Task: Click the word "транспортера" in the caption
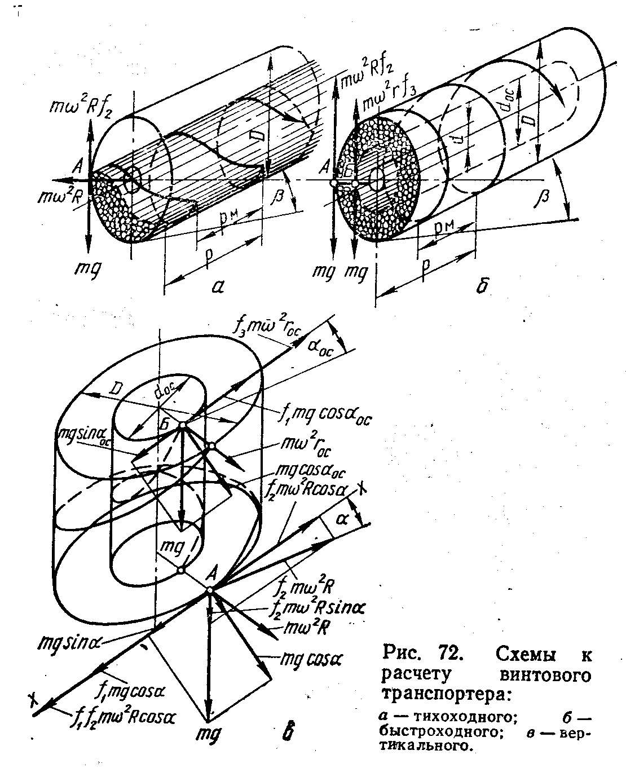(446, 692)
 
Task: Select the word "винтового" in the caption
(545, 674)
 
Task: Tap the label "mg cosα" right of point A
(316, 659)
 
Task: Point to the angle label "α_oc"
(321, 345)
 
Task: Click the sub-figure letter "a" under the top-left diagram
(218, 287)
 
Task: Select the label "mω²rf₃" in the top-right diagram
(390, 103)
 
